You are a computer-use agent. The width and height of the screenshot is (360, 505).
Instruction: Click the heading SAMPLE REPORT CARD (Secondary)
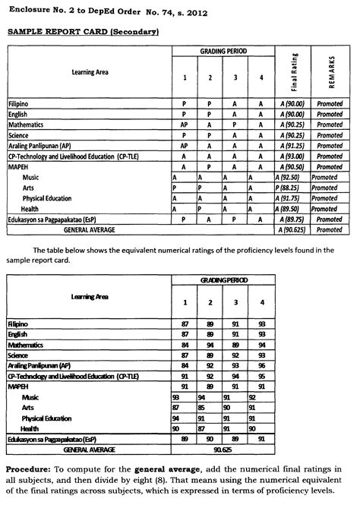[82, 33]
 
